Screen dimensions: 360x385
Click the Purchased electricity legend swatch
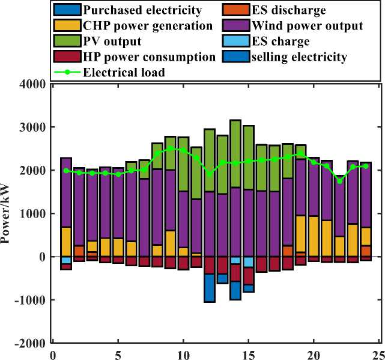[x=64, y=10]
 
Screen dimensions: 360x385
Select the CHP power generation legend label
[x=148, y=26]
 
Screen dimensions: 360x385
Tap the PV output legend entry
[x=113, y=41]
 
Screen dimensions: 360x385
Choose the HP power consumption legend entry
[x=150, y=57]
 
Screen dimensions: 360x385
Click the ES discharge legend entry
[x=305, y=10]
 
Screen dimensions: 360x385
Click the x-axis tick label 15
[x=249, y=354]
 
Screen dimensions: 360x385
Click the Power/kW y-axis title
[x=8, y=213]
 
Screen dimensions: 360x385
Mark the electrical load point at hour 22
[x=340, y=181]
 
